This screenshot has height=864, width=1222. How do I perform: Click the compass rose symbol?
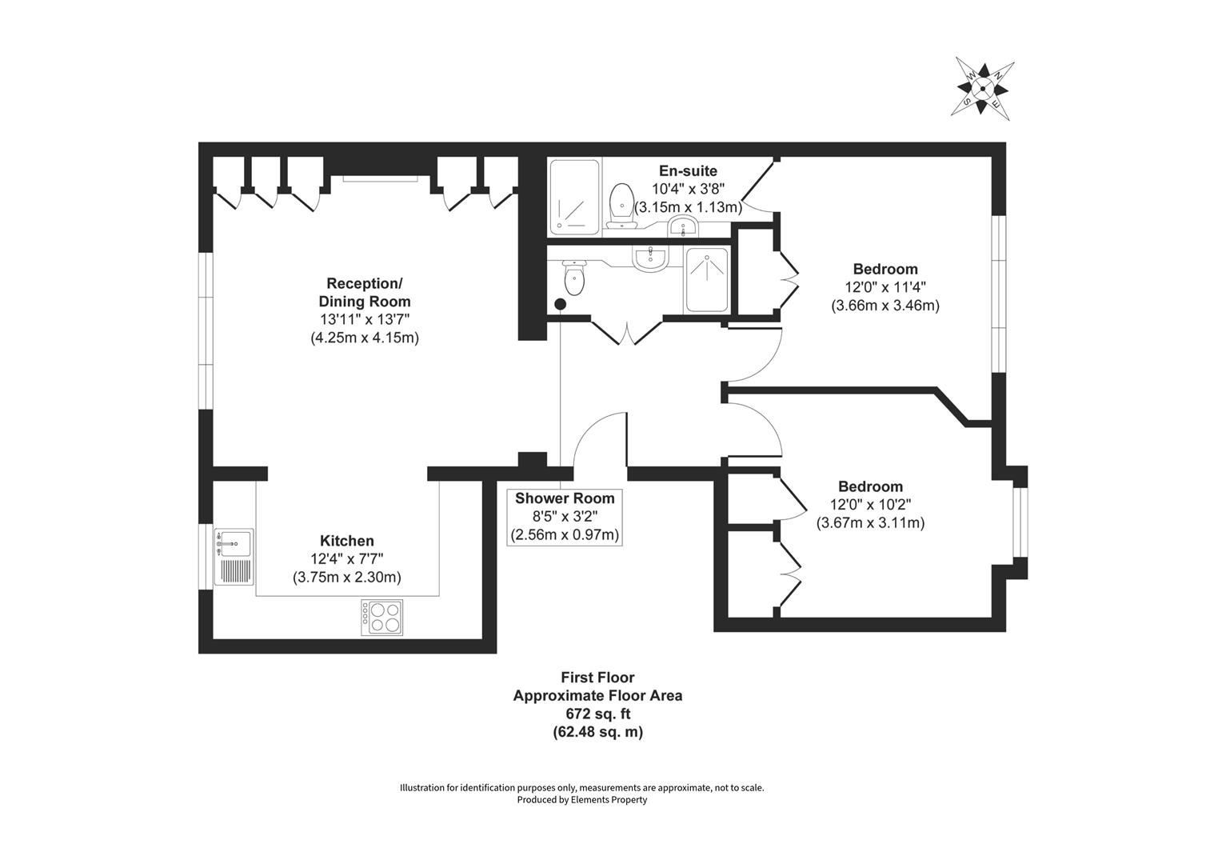tap(983, 89)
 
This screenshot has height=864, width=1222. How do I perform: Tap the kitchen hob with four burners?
tap(381, 617)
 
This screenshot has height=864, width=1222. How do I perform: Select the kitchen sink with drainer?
tap(234, 558)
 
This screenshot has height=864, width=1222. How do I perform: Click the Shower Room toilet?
tap(574, 278)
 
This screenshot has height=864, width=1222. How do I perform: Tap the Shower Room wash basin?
tap(649, 258)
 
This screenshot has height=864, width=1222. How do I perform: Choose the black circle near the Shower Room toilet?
tap(561, 304)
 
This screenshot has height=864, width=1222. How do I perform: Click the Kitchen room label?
tap(347, 541)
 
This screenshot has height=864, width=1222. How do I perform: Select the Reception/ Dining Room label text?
tap(365, 293)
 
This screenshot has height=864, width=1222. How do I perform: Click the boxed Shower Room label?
tap(565, 517)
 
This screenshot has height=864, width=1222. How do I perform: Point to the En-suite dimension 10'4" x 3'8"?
tap(688, 189)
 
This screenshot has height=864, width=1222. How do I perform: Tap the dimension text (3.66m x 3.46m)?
tap(885, 305)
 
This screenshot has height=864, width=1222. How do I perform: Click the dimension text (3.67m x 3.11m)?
tap(870, 523)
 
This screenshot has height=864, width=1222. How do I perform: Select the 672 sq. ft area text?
tap(597, 714)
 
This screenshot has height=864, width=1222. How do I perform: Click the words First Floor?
tap(597, 678)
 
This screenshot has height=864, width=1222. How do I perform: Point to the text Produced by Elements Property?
tap(581, 799)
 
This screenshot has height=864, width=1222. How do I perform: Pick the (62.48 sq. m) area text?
tap(597, 732)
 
